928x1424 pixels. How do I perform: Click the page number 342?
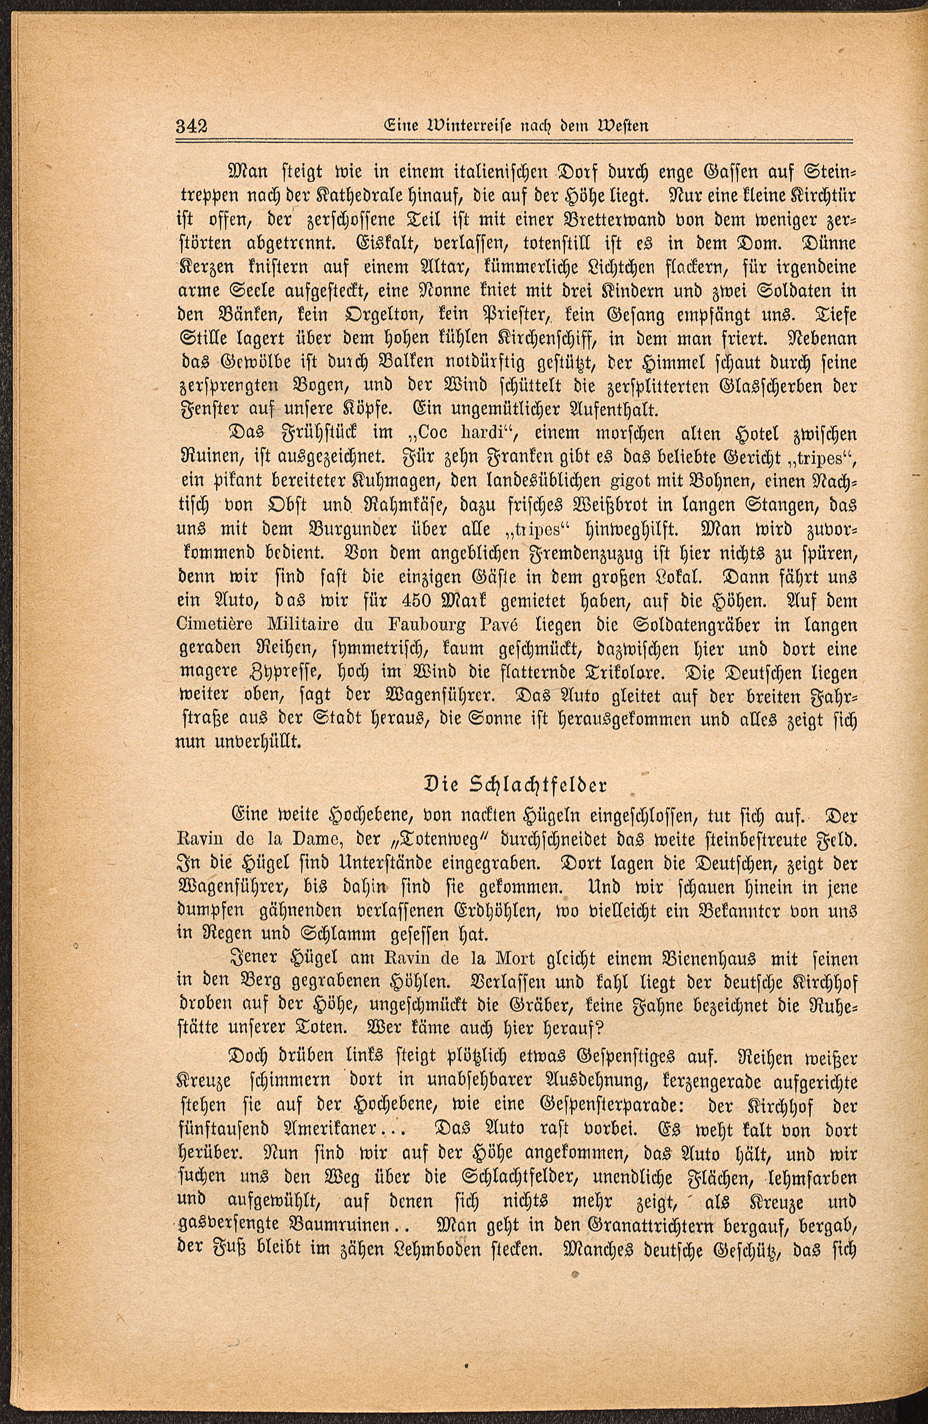(x=191, y=126)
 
